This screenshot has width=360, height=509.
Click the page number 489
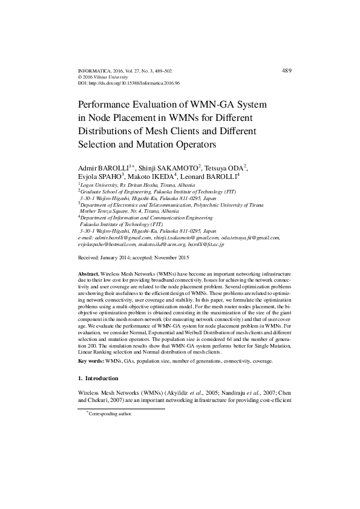(287, 71)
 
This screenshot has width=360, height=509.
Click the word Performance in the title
(112, 105)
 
